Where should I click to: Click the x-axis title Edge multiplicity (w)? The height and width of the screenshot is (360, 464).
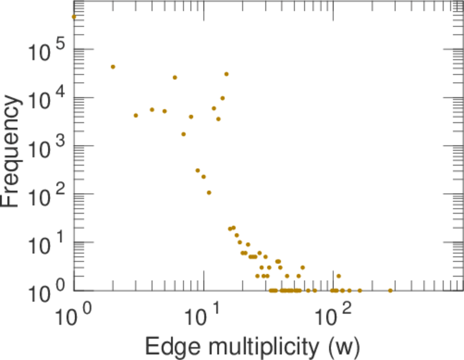point(252,346)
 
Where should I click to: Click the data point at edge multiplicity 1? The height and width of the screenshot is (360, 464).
point(74,17)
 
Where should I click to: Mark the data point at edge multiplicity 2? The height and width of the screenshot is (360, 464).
point(113,67)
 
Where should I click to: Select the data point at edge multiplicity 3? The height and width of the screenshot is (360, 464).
point(135,115)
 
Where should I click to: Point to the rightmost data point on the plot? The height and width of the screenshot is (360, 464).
point(390,290)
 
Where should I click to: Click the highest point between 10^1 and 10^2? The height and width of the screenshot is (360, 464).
point(226,74)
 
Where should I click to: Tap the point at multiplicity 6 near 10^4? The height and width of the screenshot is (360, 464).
point(174,77)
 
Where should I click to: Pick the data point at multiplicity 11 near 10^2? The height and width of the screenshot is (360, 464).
point(209,193)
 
